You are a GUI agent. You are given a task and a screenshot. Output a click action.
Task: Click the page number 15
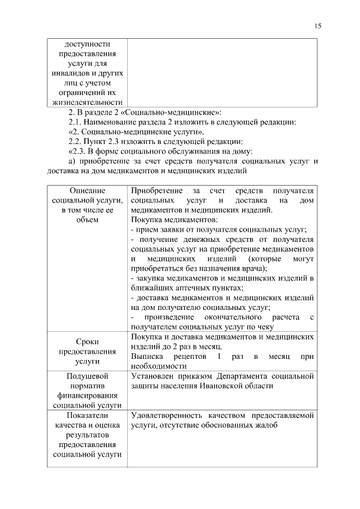[317, 25]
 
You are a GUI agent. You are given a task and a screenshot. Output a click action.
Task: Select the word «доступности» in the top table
[87, 44]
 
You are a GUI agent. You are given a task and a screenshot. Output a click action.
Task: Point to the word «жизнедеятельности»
[87, 102]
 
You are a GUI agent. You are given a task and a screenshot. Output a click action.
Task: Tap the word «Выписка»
[146, 356]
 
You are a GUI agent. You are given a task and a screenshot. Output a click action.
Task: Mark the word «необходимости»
[156, 366]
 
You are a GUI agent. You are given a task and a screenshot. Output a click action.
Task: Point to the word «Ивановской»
[226, 385]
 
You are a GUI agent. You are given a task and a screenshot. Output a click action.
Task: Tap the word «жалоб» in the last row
[267, 425]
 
